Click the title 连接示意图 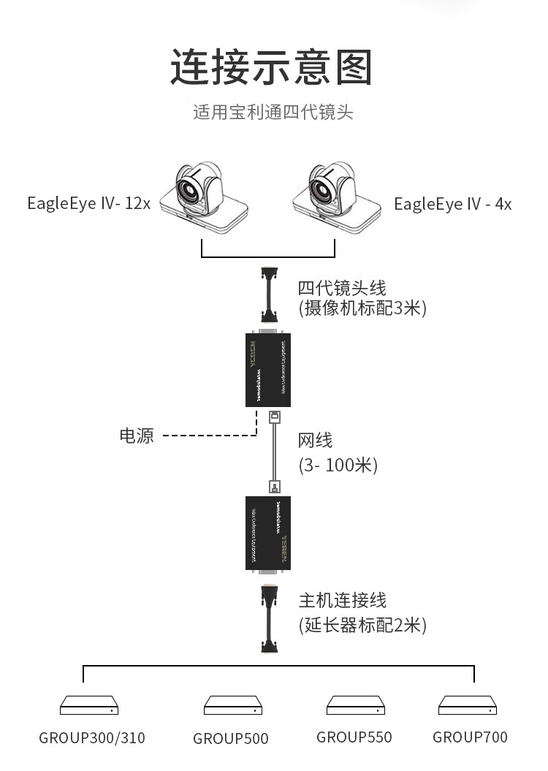coord(272,67)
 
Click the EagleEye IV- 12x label coord(89,203)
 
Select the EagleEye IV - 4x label coord(453,204)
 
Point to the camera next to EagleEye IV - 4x coord(335,193)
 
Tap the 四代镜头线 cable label coord(342,287)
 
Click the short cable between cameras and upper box coord(270,296)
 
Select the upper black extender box coord(269,370)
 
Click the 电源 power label coord(137,436)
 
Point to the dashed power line coord(208,436)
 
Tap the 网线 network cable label coord(315,441)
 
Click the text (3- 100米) coord(338,465)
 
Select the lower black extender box coord(269,533)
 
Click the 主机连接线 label coord(342,601)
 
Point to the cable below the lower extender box coord(270,618)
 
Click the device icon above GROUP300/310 coord(89,705)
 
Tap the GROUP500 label coord(231,739)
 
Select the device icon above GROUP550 coord(354,705)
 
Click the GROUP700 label coord(470,737)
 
